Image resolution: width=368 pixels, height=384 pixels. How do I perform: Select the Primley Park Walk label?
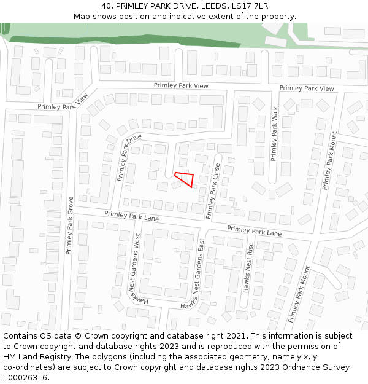pyautogui.click(x=275, y=134)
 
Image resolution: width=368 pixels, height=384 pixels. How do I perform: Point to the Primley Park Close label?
pyautogui.click(x=213, y=190)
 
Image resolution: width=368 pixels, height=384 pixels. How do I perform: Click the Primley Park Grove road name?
pyautogui.click(x=70, y=225)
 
